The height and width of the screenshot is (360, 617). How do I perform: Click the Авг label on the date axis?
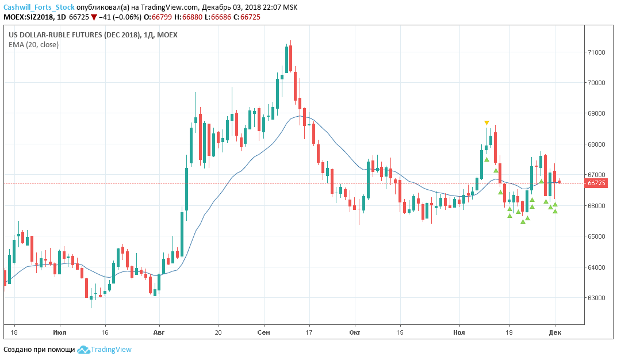click(159, 332)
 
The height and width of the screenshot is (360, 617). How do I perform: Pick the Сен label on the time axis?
click(264, 332)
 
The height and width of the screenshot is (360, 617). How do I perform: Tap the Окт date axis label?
click(354, 332)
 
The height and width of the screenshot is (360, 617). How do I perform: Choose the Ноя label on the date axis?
click(459, 332)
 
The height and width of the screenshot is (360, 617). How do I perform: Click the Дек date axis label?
click(555, 332)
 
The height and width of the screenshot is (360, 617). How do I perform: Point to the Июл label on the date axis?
click(59, 332)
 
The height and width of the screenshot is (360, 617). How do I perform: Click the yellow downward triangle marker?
click(487, 122)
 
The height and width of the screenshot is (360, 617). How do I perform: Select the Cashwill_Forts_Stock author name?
click(38, 7)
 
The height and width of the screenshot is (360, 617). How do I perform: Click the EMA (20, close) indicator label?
click(33, 45)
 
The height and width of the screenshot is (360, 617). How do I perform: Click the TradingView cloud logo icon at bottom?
click(83, 350)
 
